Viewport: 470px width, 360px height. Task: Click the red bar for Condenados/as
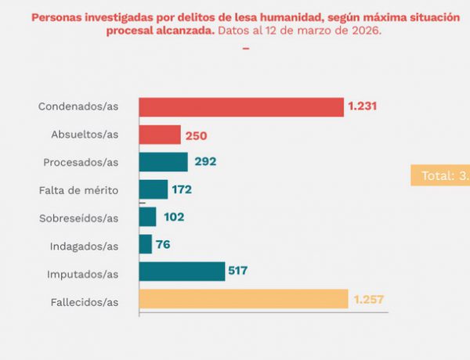(x=241, y=107)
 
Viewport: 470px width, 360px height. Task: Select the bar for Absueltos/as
(x=160, y=135)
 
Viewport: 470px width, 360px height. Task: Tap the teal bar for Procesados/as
(x=164, y=162)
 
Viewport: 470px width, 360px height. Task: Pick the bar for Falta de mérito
(x=154, y=189)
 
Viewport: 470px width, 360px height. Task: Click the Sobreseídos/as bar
(x=148, y=217)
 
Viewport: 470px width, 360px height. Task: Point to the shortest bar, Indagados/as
(x=146, y=244)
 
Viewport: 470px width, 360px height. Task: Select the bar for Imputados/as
(x=182, y=272)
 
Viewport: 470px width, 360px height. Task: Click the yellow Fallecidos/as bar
(x=244, y=299)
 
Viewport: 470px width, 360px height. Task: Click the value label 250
(x=196, y=135)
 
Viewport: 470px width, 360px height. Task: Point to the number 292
(x=204, y=162)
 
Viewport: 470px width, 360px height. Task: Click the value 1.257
(x=369, y=299)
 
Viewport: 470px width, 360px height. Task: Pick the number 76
(x=163, y=244)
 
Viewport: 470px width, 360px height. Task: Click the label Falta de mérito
(x=78, y=190)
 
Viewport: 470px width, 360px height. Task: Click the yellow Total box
(x=440, y=175)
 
